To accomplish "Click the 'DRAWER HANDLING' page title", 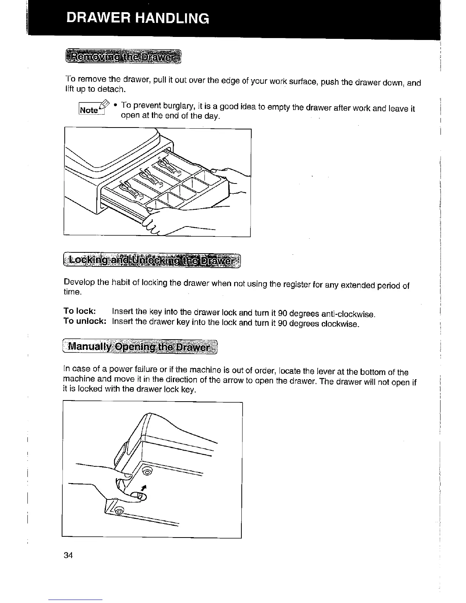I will coord(137,18).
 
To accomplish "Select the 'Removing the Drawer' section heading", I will coord(124,57).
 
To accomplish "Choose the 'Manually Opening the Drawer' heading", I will coord(139,347).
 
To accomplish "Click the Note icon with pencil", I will coord(91,108).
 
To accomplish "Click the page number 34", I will coord(69,555).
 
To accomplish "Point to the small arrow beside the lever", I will coord(143,488).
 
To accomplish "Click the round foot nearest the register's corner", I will coord(146,472).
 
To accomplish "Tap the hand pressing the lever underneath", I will coord(114,491).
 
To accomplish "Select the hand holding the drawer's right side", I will coord(232,183).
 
